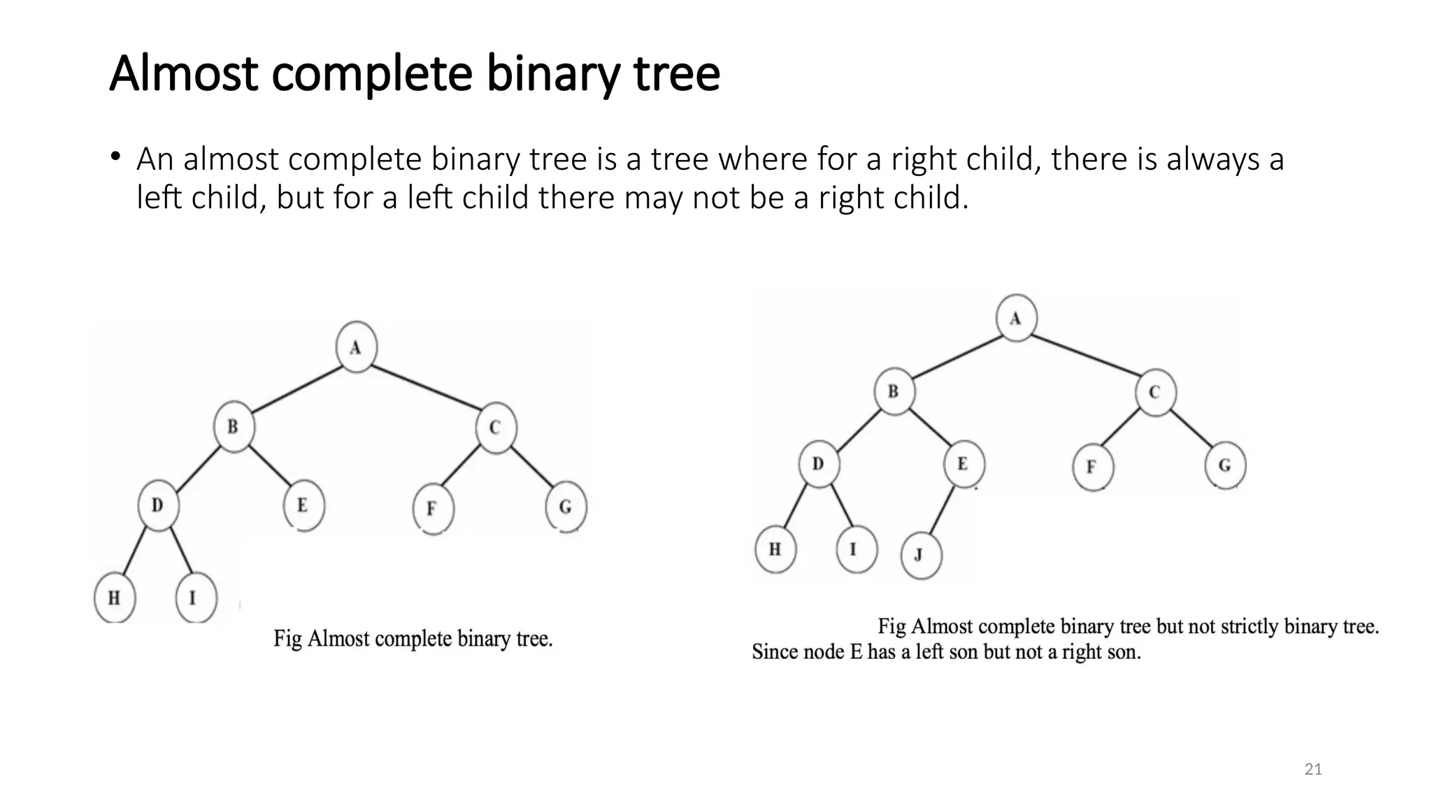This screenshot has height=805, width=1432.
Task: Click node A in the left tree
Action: pos(357,347)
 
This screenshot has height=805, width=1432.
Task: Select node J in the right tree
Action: pos(921,555)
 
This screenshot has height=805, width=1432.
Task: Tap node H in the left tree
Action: pos(114,597)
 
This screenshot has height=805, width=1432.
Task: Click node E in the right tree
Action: pos(964,464)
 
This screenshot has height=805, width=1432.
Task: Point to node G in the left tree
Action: pos(566,507)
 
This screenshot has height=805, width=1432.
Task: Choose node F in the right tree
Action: pos(1092,467)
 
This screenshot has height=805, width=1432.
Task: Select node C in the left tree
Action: pos(496,428)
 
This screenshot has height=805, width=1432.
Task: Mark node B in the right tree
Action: pos(894,392)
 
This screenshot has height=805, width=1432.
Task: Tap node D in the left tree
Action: pos(158,505)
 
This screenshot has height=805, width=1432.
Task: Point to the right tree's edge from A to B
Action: pos(955,356)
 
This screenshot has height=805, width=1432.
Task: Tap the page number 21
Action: pos(1313,770)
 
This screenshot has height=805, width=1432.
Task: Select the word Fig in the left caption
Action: pos(287,639)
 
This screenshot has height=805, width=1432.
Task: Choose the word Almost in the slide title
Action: pos(185,73)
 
